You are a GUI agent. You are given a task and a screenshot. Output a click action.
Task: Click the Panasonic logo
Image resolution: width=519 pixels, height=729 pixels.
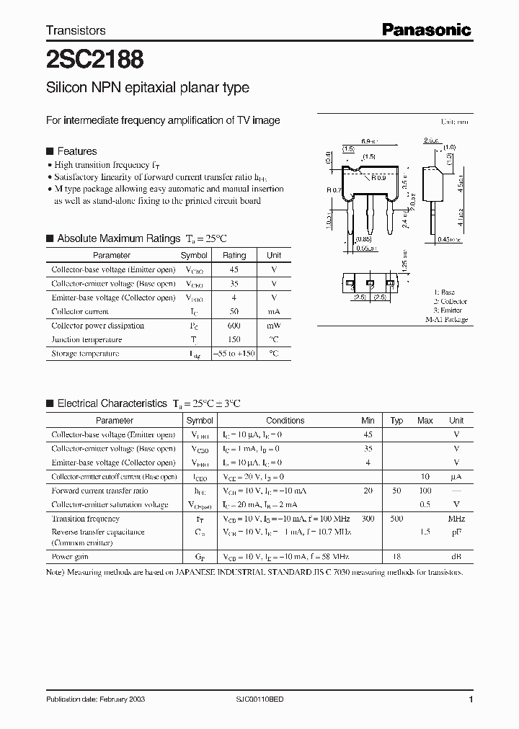pyautogui.click(x=426, y=30)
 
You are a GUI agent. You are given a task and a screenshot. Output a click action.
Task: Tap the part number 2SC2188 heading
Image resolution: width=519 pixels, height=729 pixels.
pyautogui.click(x=85, y=58)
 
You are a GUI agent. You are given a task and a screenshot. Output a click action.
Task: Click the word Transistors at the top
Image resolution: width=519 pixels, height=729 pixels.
pyautogui.click(x=76, y=30)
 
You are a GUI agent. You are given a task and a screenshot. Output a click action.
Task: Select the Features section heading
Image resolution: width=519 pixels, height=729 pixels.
pyautogui.click(x=76, y=151)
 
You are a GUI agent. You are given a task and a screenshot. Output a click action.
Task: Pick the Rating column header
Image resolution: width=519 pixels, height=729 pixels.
pyautogui.click(x=234, y=255)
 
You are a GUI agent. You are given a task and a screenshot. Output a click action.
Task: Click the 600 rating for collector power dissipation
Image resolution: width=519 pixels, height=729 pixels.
pyautogui.click(x=234, y=326)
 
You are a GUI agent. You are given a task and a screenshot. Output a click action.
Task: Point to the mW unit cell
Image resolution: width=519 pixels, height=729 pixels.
pyautogui.click(x=274, y=326)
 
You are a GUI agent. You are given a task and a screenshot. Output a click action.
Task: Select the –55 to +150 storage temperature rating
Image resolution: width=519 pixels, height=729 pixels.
pyautogui.click(x=234, y=354)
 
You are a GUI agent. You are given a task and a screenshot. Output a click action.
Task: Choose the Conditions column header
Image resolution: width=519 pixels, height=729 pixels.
pyautogui.click(x=285, y=421)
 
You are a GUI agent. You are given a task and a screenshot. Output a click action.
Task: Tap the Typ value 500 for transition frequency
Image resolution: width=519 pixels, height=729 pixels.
pyautogui.click(x=396, y=519)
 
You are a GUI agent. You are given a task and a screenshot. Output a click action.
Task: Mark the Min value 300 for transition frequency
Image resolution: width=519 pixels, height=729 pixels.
pyautogui.click(x=368, y=519)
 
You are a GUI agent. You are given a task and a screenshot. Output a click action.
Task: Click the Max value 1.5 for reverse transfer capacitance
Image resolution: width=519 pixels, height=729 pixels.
pyautogui.click(x=425, y=532)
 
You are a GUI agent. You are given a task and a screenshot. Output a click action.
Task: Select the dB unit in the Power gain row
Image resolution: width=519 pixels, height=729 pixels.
pyautogui.click(x=456, y=557)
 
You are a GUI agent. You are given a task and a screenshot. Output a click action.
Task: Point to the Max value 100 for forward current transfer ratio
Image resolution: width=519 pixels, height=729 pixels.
pyautogui.click(x=425, y=491)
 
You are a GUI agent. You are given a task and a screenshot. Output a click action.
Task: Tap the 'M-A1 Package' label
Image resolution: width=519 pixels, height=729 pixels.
pyautogui.click(x=446, y=319)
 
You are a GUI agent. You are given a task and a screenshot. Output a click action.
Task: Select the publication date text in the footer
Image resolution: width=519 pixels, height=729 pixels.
pyautogui.click(x=91, y=699)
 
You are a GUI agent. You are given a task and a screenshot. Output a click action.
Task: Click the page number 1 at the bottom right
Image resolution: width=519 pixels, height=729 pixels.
pyautogui.click(x=471, y=699)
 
